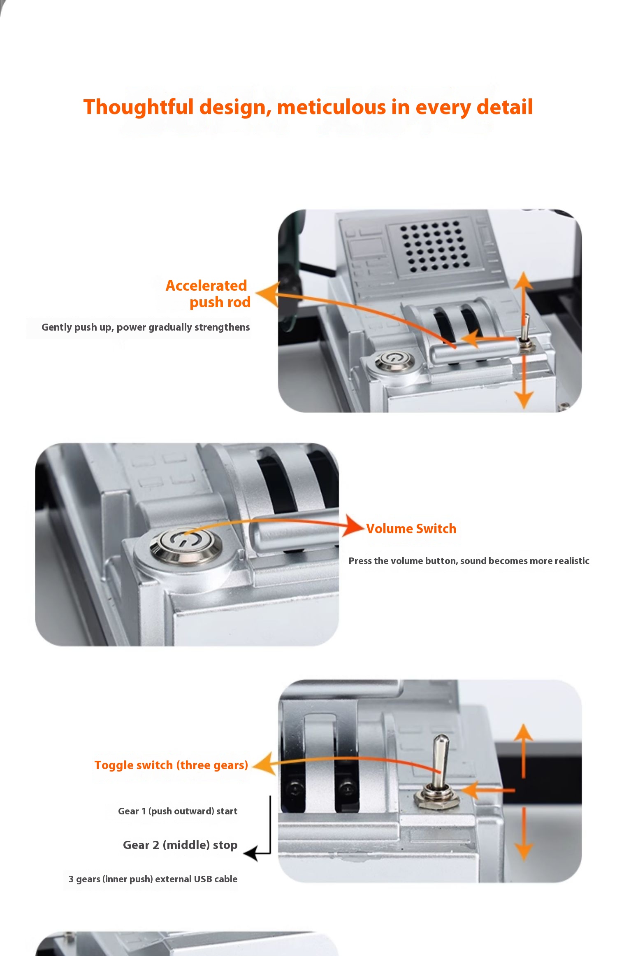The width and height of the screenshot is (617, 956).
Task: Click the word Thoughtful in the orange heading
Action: point(139,107)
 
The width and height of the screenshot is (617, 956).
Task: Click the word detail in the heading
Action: point(504,107)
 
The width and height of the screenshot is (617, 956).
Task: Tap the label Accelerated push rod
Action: point(208,294)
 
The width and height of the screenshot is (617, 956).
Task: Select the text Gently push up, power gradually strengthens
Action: point(146,327)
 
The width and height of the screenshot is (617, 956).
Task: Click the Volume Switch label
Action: point(411,529)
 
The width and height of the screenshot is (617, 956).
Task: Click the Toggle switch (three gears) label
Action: point(171,765)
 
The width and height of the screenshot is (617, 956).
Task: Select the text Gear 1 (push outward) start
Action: point(178,811)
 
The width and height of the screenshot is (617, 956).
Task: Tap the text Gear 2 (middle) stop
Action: point(180,845)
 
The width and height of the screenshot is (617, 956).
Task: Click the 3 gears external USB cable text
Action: point(153,879)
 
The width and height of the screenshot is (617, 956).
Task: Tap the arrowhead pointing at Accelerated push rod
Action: point(267,294)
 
